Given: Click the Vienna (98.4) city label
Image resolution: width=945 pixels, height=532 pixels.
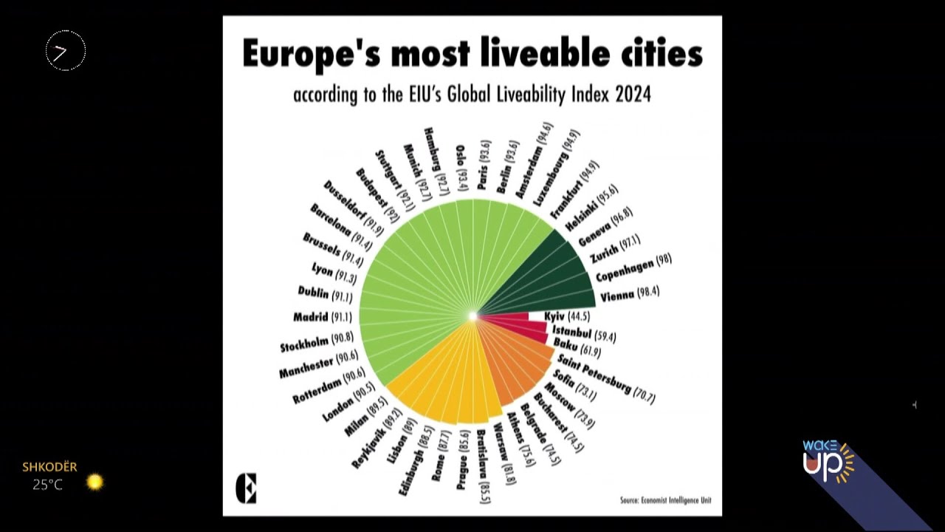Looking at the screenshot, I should (629, 294).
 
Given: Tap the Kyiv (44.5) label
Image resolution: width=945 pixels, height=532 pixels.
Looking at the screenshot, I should (567, 316).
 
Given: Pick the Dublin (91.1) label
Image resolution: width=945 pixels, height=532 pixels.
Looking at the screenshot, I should (325, 294).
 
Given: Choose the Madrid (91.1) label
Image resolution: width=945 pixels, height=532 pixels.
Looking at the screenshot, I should (322, 318).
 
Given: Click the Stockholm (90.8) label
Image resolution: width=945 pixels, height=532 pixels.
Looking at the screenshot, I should (317, 342).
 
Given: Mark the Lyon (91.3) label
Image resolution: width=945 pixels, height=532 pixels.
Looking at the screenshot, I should (334, 273).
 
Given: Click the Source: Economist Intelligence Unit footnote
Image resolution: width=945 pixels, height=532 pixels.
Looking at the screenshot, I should (665, 500).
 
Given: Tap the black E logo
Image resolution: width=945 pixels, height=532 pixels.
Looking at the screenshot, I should (246, 488).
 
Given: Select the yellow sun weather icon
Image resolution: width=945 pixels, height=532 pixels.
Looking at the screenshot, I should (94, 482).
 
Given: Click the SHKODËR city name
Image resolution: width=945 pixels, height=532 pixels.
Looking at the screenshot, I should (49, 467).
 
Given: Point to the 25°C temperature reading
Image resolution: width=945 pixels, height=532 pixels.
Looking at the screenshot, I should (47, 485).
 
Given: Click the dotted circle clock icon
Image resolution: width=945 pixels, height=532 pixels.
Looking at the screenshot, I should (66, 51).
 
